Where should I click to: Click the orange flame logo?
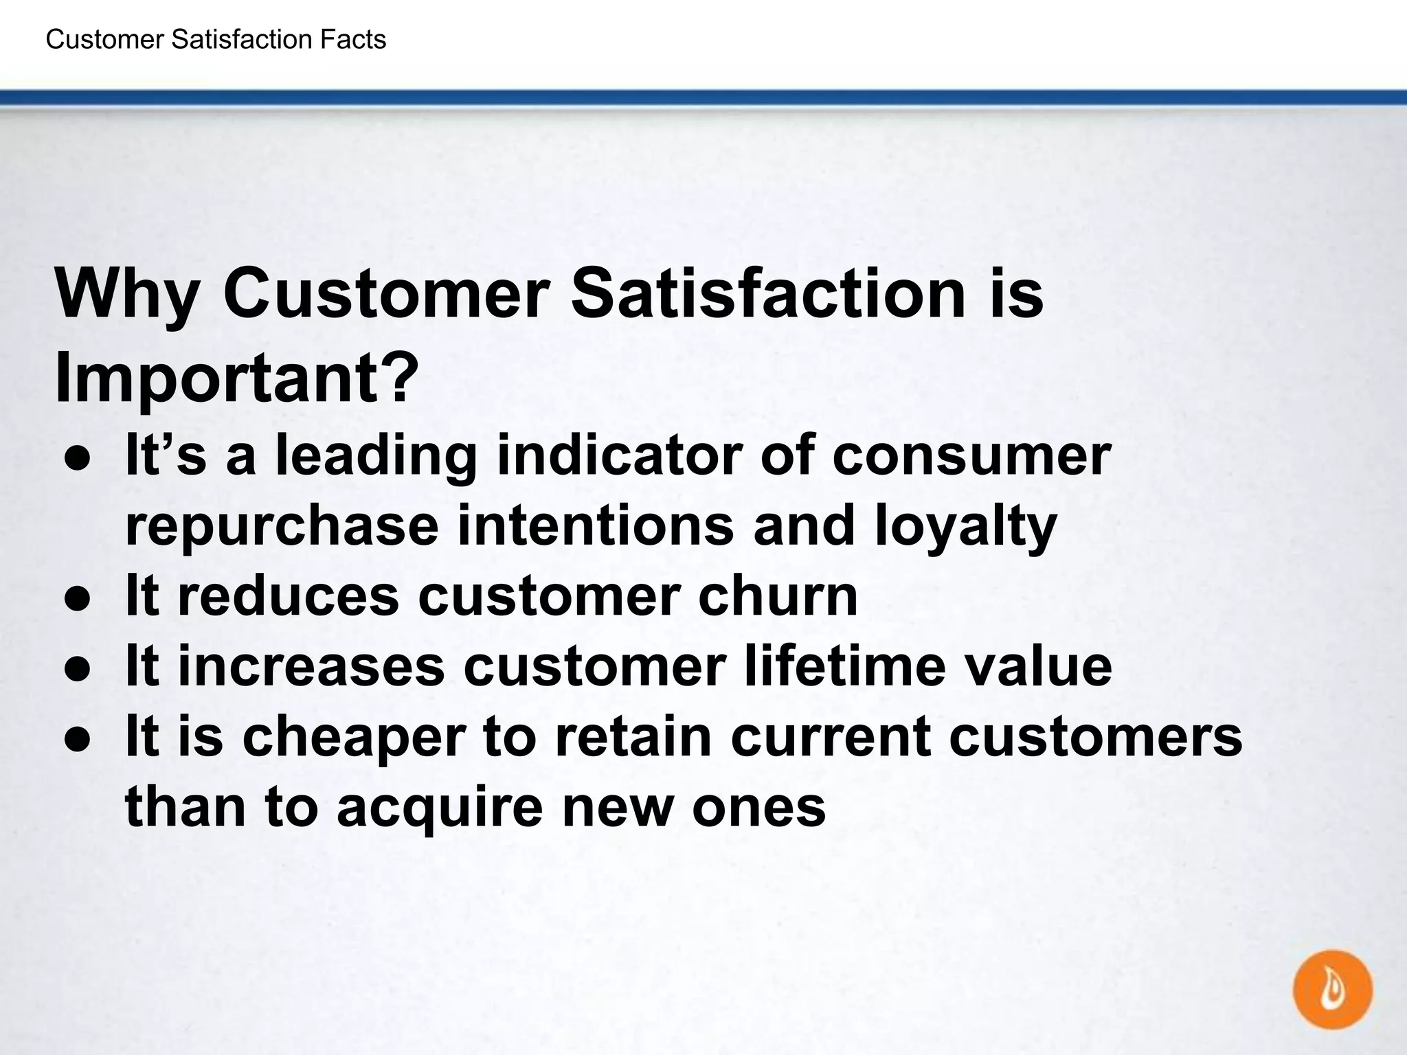(1332, 990)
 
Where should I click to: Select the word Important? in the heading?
(236, 379)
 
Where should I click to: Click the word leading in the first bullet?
(376, 456)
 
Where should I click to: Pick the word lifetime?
(845, 666)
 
